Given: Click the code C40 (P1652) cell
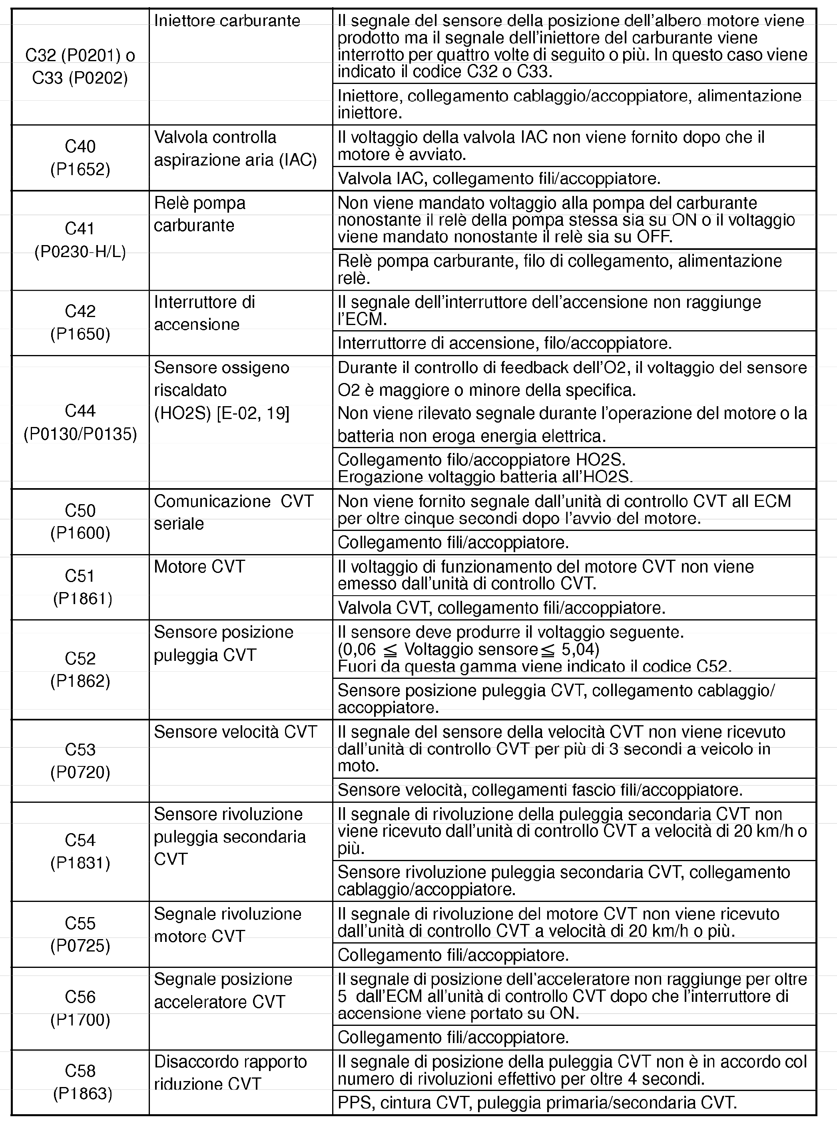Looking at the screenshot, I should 80,158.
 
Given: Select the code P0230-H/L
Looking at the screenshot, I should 80,251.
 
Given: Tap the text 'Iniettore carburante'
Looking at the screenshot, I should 227,21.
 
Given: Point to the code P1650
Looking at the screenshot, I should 80,334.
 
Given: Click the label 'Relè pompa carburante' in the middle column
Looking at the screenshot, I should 199,214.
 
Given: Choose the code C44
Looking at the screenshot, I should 80,411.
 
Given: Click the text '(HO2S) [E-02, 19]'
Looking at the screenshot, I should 221,413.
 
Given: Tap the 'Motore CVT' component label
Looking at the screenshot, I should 199,566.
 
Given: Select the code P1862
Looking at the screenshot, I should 80,680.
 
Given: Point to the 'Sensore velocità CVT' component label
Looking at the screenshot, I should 235,732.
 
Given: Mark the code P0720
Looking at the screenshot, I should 80,772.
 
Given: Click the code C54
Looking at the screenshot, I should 80,840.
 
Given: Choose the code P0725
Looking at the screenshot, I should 80,945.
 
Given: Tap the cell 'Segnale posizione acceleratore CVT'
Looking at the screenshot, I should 223,990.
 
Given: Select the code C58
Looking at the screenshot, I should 80,1070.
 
